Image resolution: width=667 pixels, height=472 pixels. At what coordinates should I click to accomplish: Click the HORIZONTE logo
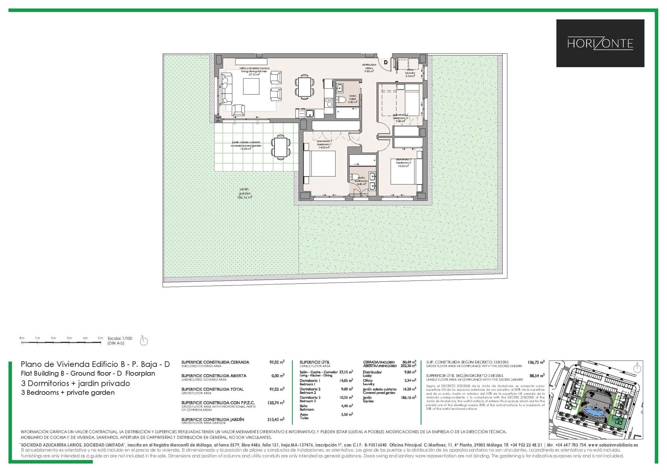coord(600,43)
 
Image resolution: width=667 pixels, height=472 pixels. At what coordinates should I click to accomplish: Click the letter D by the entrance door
coord(386,62)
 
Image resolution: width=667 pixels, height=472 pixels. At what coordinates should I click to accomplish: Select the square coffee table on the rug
coord(251,87)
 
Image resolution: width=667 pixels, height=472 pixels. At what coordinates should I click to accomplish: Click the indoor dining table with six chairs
coord(305,86)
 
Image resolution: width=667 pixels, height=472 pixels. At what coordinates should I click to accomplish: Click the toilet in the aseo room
coord(342,100)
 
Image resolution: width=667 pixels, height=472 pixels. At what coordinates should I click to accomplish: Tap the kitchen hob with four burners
coord(328,102)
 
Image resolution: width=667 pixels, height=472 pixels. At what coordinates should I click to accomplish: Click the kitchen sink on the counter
coord(310,113)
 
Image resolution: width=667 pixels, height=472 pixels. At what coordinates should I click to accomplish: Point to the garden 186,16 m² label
coord(245,193)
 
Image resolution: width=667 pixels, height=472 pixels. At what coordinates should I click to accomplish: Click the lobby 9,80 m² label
coord(369,68)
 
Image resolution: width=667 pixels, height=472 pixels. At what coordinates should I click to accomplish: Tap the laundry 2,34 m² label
coord(410,74)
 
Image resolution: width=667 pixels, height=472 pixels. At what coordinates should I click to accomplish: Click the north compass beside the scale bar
coord(143,341)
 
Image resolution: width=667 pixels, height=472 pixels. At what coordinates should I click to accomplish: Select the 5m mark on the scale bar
coord(100,338)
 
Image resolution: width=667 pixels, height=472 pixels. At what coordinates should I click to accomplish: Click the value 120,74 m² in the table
coord(276,403)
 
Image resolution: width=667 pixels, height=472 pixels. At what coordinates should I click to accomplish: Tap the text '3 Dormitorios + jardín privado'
coord(75,383)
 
